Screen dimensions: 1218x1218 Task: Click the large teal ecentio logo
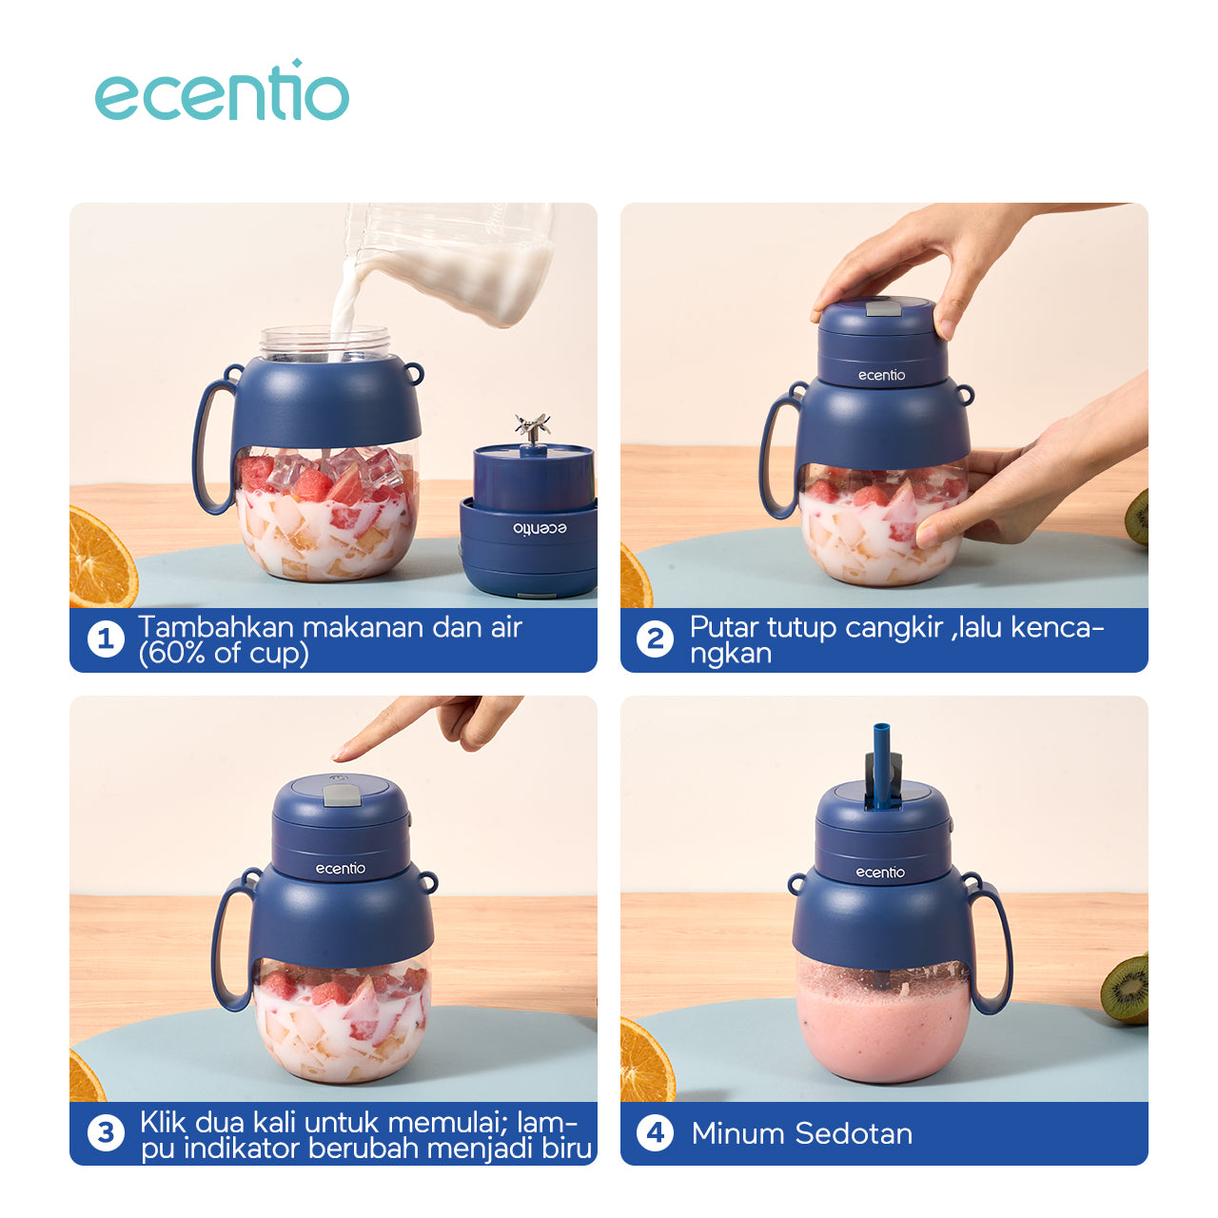222,90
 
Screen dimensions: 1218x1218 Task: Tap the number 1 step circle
106,639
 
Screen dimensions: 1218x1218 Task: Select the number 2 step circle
655,639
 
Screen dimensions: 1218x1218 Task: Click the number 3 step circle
106,1132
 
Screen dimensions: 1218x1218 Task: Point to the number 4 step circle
655,1132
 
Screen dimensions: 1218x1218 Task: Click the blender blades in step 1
532,427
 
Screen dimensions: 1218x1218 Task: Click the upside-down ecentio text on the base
540,528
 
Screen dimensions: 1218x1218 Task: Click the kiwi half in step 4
1127,988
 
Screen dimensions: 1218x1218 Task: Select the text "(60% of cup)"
224,654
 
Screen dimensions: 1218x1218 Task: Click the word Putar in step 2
724,628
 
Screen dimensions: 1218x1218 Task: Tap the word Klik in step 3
163,1123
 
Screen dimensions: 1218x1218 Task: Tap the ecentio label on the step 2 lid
881,376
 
